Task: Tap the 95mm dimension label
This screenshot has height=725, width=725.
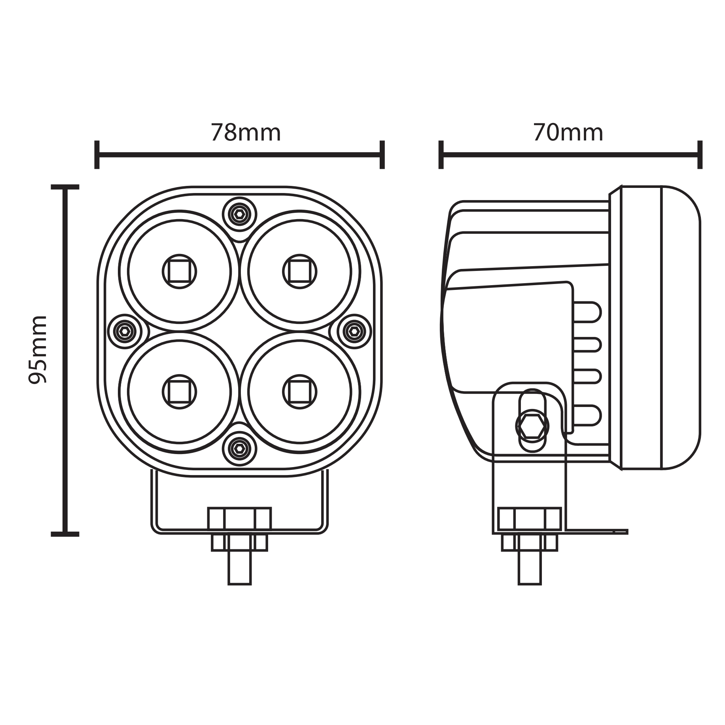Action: [x=38, y=350]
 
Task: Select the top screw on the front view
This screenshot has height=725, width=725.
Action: [x=239, y=214]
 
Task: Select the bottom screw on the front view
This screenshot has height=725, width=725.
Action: [x=239, y=449]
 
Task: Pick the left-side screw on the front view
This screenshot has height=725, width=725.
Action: [x=125, y=331]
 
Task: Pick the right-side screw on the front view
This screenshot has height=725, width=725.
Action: [x=354, y=331]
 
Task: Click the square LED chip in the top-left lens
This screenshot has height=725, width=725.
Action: [x=179, y=271]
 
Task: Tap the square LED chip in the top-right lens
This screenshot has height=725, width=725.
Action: [x=299, y=271]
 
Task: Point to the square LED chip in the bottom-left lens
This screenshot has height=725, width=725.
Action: [x=179, y=392]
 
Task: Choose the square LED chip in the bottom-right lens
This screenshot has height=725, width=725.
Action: [x=299, y=392]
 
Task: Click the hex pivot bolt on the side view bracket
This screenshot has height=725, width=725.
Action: [x=532, y=426]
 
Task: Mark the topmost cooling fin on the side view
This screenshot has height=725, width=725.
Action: [x=587, y=312]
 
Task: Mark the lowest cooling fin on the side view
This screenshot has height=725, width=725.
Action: [x=587, y=415]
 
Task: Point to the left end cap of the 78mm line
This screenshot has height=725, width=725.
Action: [x=97, y=155]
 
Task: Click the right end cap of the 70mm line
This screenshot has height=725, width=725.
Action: [x=700, y=155]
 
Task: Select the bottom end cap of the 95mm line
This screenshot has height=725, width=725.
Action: [x=65, y=534]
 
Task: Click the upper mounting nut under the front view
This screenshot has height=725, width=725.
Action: [x=239, y=519]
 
